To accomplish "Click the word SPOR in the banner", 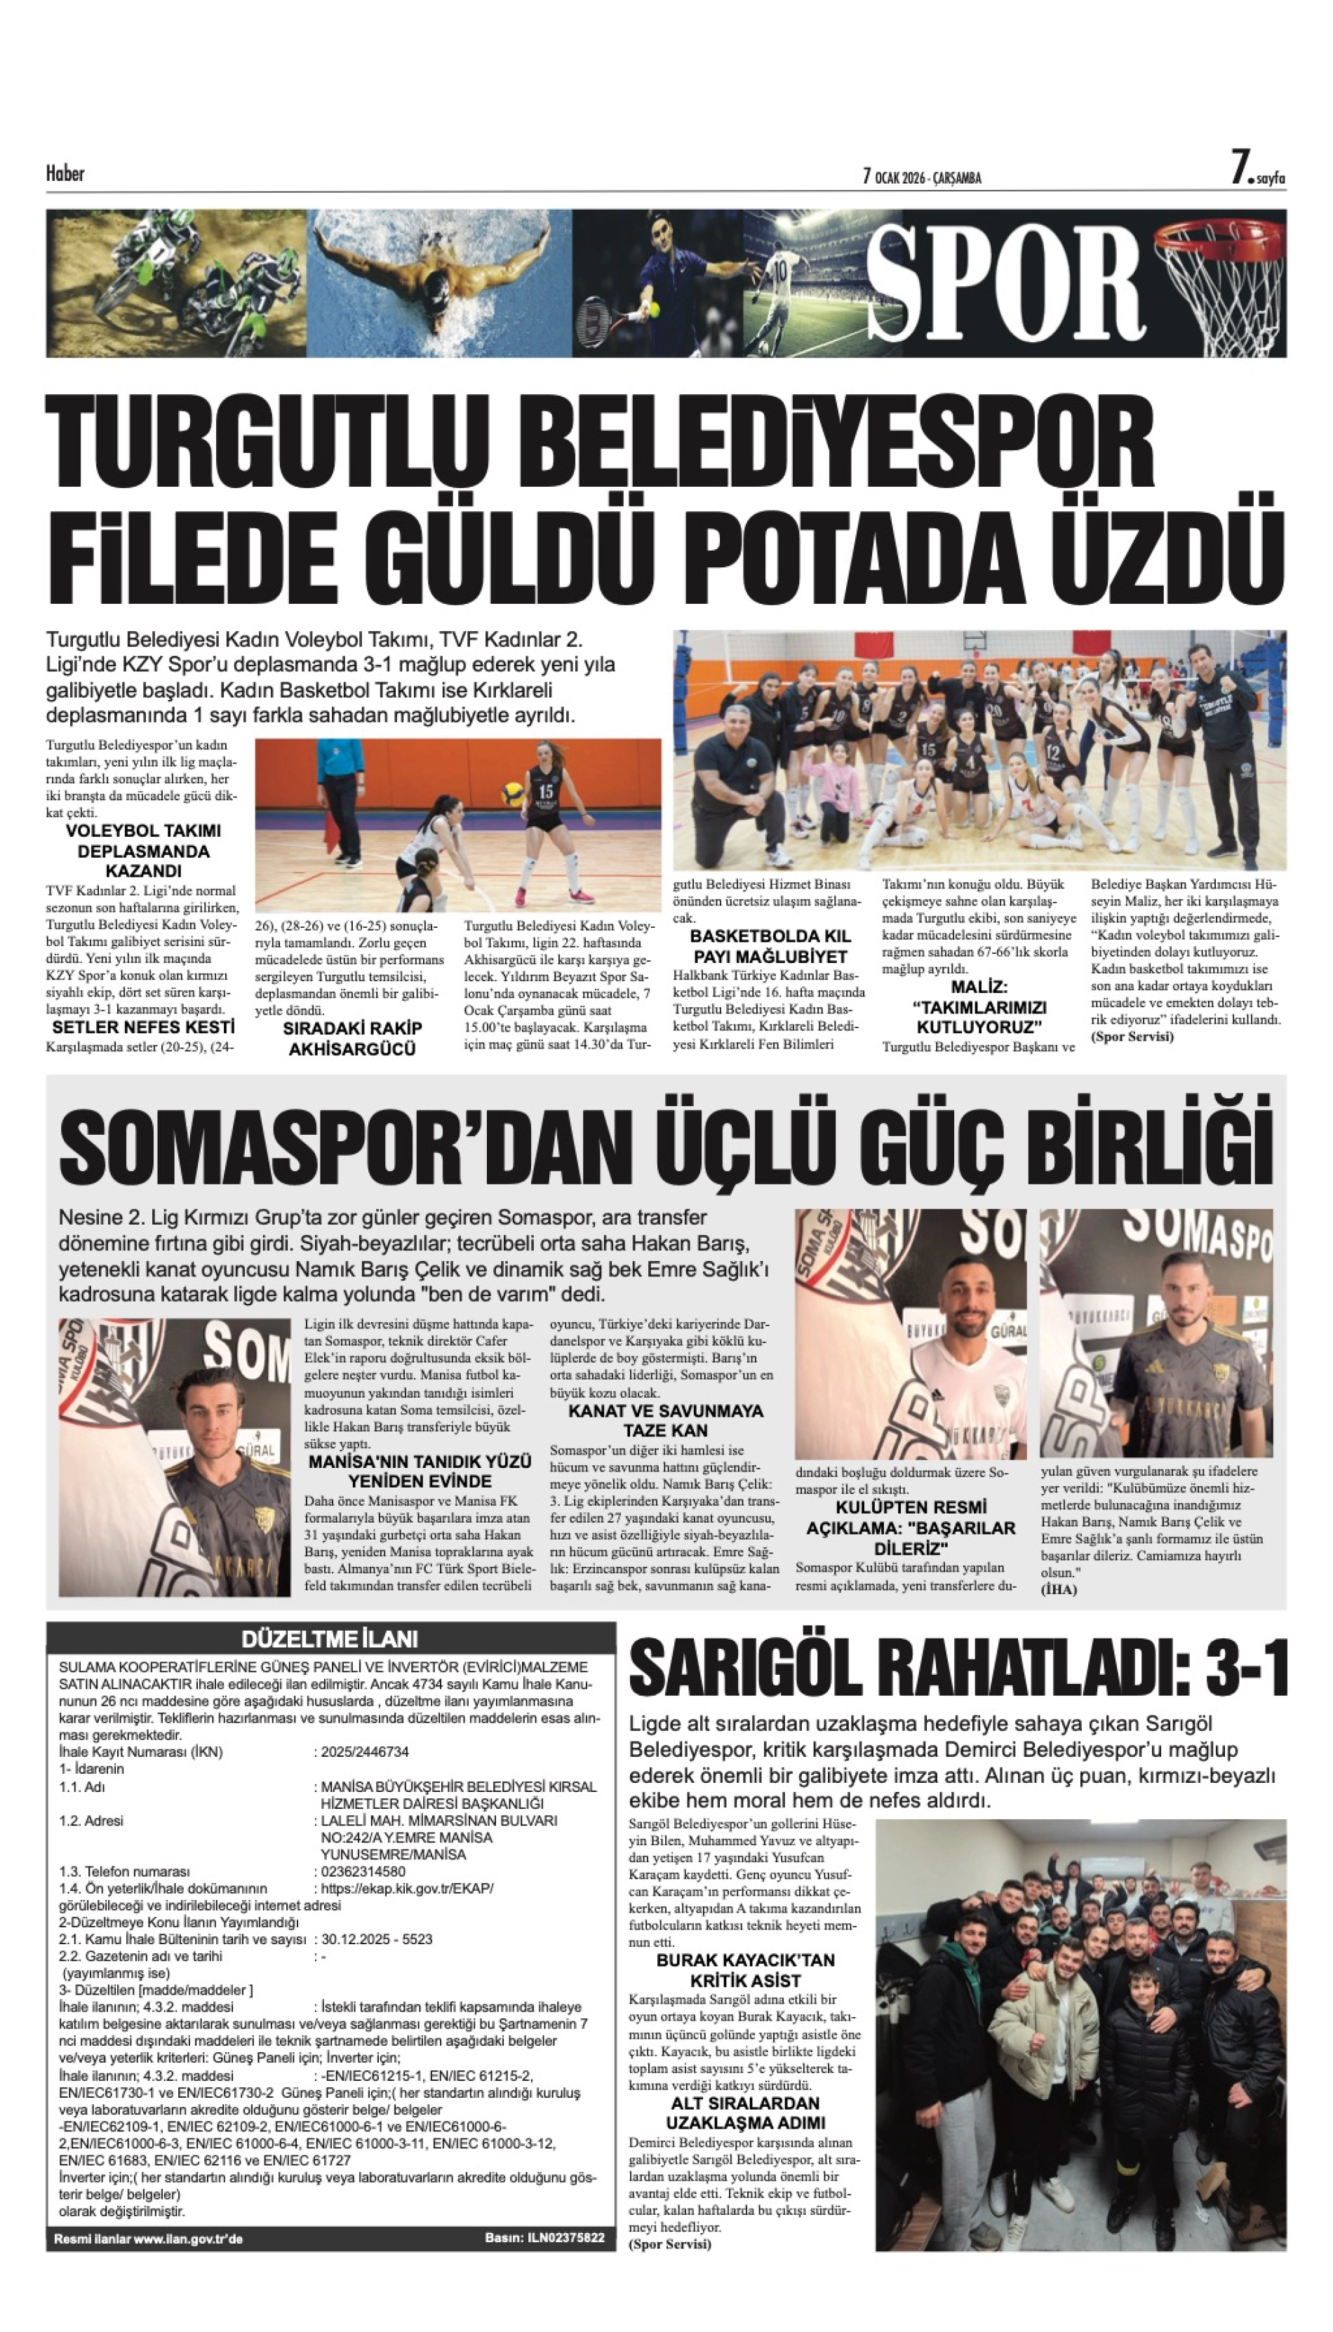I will tap(1005, 282).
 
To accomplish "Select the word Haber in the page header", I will tap(65, 173).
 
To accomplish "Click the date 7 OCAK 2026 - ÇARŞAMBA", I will tap(922, 177).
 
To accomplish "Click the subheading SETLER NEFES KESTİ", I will tap(143, 1027).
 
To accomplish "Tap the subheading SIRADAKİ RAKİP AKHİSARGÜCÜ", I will tap(352, 1039).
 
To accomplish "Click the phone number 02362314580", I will tap(363, 1872).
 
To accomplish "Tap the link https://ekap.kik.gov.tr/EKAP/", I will tap(408, 1888).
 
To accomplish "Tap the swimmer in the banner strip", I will tap(439, 274).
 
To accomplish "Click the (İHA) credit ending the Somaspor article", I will tap(1059, 1590).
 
